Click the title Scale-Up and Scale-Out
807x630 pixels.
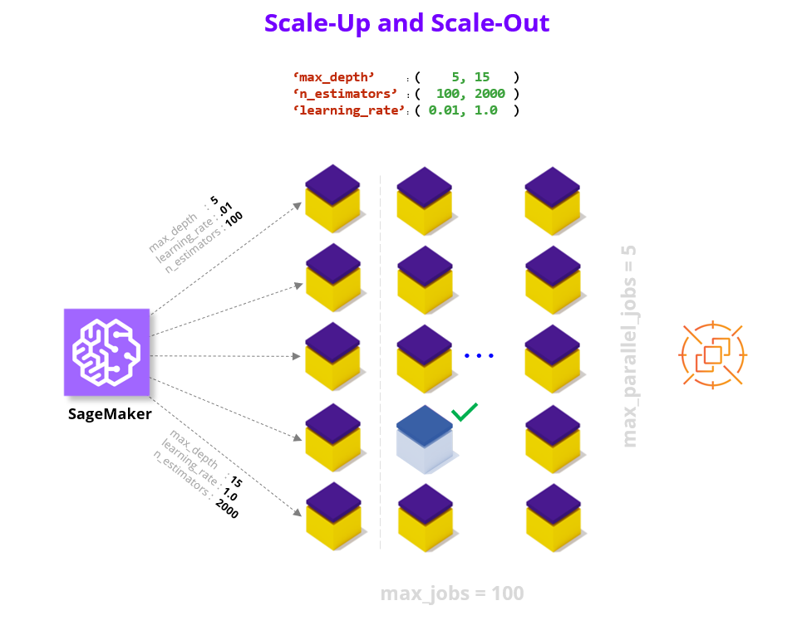coord(406,22)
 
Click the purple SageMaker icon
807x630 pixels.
coord(106,352)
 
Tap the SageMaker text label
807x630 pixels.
coord(110,413)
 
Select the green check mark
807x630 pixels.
coord(464,412)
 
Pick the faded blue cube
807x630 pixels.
coord(425,439)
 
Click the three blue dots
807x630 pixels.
coord(480,356)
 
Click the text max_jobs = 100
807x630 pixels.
coord(452,593)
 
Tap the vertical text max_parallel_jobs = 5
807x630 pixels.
coord(629,346)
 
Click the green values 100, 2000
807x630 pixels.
coord(470,94)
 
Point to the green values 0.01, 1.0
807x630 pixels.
coord(463,110)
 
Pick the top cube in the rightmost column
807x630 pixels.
coord(553,200)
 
